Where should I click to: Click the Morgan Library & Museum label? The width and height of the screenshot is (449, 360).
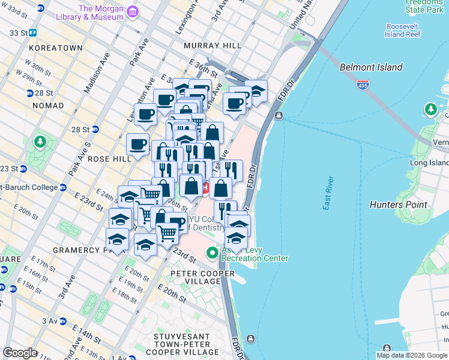(x=101, y=13)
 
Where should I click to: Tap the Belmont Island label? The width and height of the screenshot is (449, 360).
(x=370, y=67)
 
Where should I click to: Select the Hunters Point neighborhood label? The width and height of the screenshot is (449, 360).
(x=399, y=205)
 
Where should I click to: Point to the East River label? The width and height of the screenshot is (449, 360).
(x=328, y=193)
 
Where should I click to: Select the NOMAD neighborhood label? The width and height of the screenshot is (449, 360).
(x=48, y=106)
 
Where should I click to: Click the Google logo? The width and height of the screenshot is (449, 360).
(x=20, y=353)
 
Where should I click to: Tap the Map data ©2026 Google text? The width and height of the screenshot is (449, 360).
(x=411, y=355)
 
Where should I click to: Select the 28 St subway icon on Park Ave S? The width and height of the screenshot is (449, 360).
(x=95, y=129)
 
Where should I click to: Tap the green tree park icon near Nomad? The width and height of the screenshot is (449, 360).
(x=40, y=142)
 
